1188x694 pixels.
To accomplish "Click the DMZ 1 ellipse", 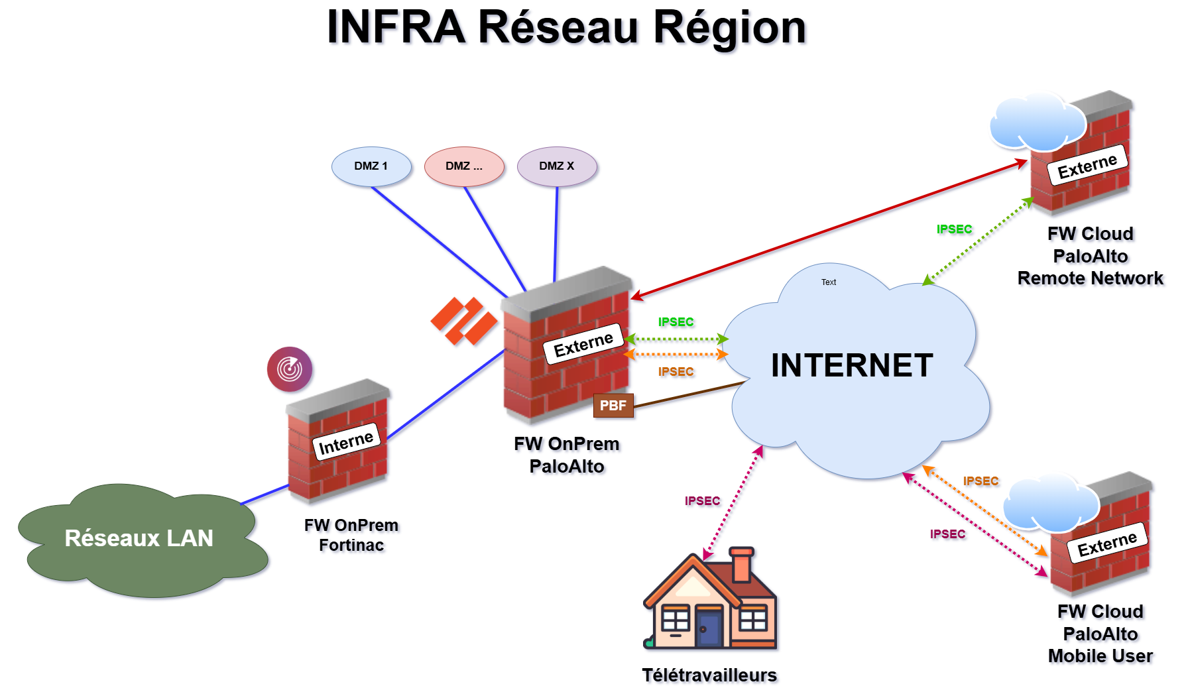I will tap(371, 166).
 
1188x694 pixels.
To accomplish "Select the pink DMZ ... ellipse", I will tap(464, 166).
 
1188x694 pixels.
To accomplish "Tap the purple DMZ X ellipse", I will tap(557, 166).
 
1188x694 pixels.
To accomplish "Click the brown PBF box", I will tap(613, 406).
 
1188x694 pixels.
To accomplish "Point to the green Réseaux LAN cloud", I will tap(139, 538).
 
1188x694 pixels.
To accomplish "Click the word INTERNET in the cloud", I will tap(852, 366).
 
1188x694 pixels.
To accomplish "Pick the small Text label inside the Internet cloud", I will tap(829, 282).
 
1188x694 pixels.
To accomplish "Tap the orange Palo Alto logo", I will tap(464, 321).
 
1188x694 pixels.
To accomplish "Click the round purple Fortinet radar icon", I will tap(290, 369).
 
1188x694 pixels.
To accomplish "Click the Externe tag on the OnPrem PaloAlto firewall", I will tap(583, 345).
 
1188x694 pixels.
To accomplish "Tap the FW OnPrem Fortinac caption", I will tap(351, 535).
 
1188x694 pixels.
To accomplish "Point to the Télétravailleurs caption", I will tap(709, 675).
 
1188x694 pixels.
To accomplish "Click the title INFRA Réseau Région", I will tap(566, 28).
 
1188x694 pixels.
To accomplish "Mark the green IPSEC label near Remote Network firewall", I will tap(954, 229).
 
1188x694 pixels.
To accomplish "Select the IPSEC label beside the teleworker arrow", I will tap(702, 501).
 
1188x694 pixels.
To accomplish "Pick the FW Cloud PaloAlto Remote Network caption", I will tap(1091, 256).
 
